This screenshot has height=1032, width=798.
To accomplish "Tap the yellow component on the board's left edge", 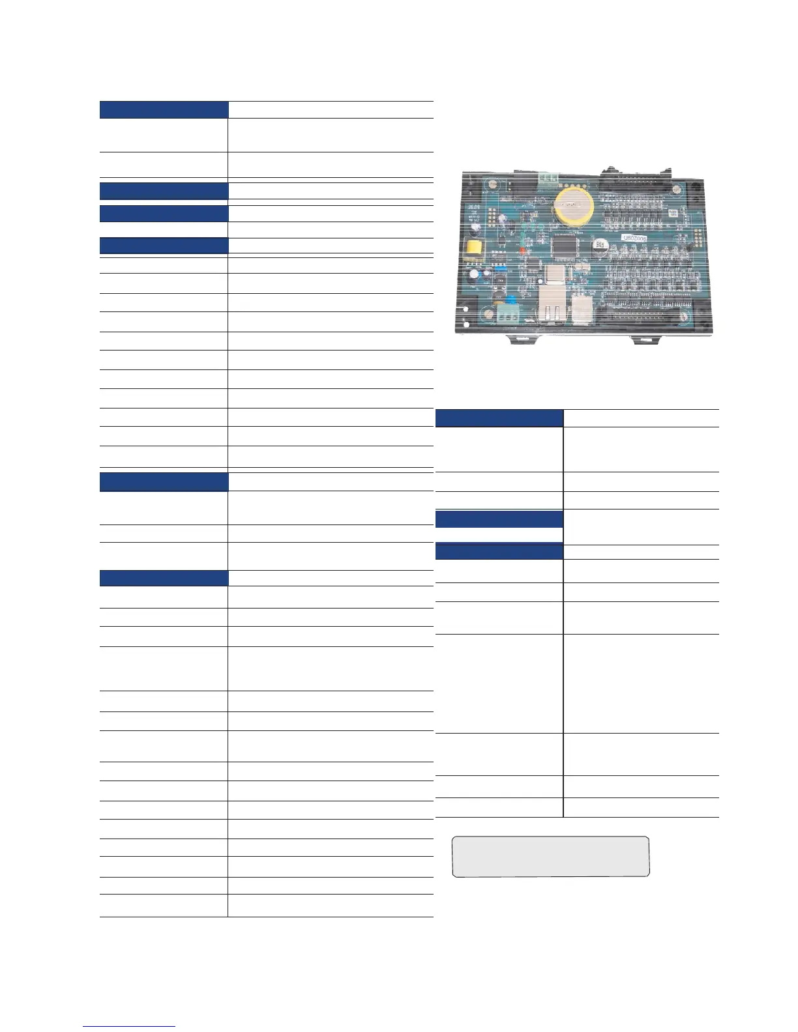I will [470, 248].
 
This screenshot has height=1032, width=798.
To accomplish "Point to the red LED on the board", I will [522, 250].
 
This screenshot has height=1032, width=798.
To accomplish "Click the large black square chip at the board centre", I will [563, 247].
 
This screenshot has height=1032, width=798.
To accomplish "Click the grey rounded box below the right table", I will [551, 857].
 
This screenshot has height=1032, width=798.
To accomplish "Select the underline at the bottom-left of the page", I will [130, 1026].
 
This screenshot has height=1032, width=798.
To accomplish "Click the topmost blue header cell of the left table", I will [164, 109].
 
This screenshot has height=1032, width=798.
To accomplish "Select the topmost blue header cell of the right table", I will [499, 418].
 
